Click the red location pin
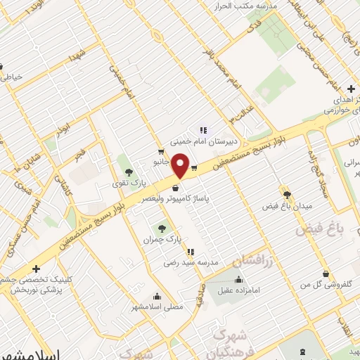click(181, 166)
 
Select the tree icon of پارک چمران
click(162, 228)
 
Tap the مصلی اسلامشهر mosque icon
click(156, 295)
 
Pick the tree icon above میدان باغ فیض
click(286, 193)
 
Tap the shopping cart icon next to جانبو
click(161, 151)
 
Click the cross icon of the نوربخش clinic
click(36, 268)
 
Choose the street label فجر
click(79, 152)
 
